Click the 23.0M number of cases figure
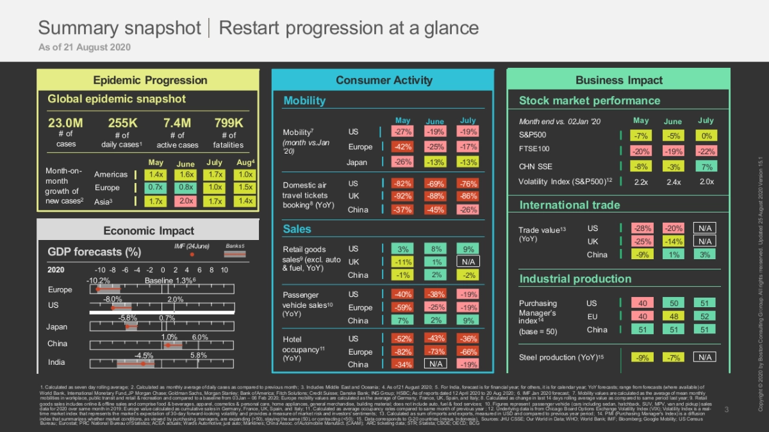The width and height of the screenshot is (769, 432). pyautogui.click(x=65, y=123)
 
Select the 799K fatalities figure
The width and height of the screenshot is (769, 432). pyautogui.click(x=228, y=123)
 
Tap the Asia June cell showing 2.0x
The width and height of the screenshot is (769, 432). pyautogui.click(x=187, y=201)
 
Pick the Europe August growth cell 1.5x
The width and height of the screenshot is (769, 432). pyautogui.click(x=245, y=188)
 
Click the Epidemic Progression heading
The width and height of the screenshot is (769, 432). pyautogui.click(x=150, y=80)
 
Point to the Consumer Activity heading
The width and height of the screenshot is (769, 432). pyautogui.click(x=384, y=80)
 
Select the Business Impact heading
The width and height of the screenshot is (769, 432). pyautogui.click(x=618, y=80)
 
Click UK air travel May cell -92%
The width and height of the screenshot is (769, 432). pyautogui.click(x=402, y=196)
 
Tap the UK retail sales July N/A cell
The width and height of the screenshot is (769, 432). pyautogui.click(x=468, y=262)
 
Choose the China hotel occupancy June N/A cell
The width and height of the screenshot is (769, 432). pyautogui.click(x=436, y=364)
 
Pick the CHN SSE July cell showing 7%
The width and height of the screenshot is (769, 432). pyautogui.click(x=706, y=166)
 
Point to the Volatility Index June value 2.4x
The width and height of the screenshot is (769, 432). pyautogui.click(x=673, y=182)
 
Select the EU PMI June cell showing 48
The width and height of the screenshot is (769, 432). pyautogui.click(x=673, y=316)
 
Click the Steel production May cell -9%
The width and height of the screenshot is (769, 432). pyautogui.click(x=641, y=357)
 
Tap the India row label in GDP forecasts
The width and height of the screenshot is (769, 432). pyautogui.click(x=56, y=362)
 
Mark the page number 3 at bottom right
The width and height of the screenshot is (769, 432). pyautogui.click(x=727, y=409)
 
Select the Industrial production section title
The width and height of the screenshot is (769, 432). pyautogui.click(x=575, y=279)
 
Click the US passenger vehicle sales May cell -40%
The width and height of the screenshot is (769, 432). pyautogui.click(x=402, y=294)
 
